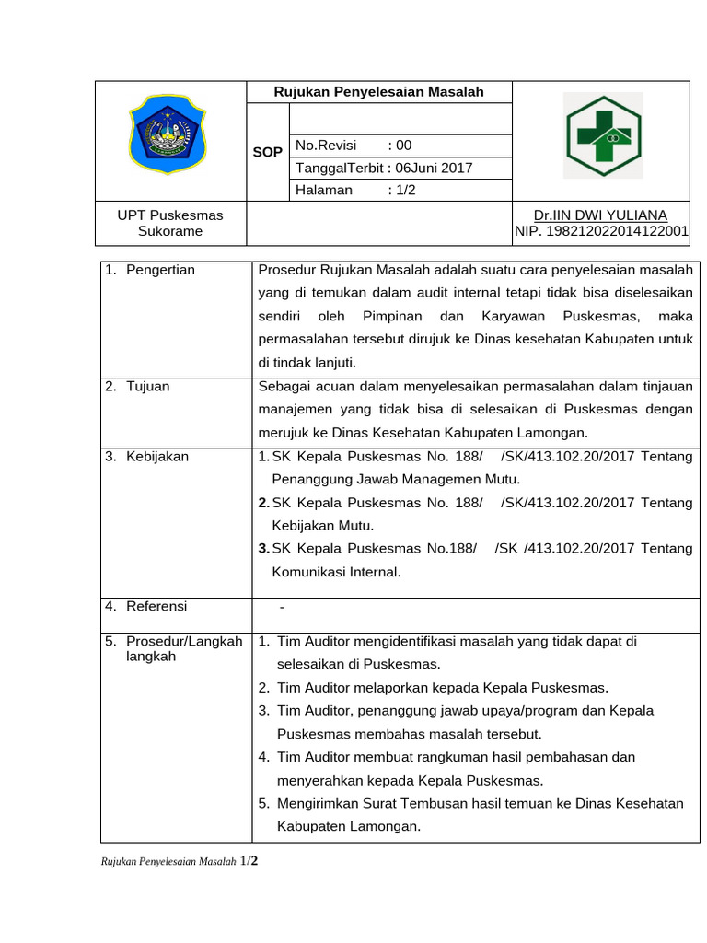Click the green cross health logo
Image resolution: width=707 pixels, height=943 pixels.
[x=605, y=135]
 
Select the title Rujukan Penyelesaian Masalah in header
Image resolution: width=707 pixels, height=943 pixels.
[x=378, y=92]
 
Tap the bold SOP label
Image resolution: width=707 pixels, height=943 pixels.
[x=268, y=152]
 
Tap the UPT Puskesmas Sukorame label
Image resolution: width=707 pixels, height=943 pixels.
[x=170, y=223]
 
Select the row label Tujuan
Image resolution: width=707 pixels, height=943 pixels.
[x=147, y=387]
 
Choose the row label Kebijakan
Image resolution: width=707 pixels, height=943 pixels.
[x=157, y=457]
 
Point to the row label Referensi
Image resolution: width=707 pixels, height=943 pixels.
[x=156, y=606]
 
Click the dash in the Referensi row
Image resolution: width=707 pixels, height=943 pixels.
[x=282, y=608]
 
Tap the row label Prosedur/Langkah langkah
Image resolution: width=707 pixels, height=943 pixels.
[x=183, y=649]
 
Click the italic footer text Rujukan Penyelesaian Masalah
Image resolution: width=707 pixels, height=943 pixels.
[x=168, y=862]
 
